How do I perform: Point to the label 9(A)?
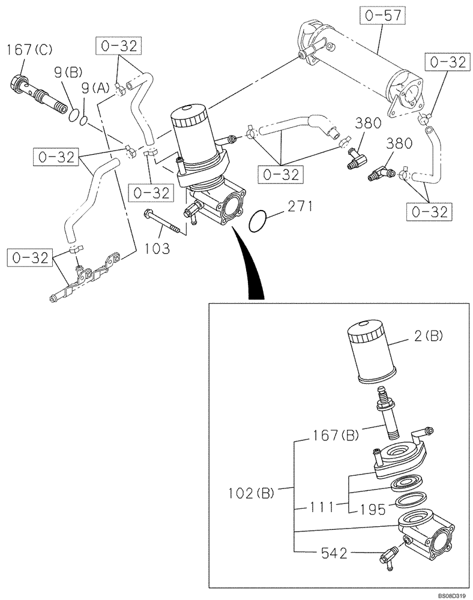(94, 88)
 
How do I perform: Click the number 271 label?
(298, 208)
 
